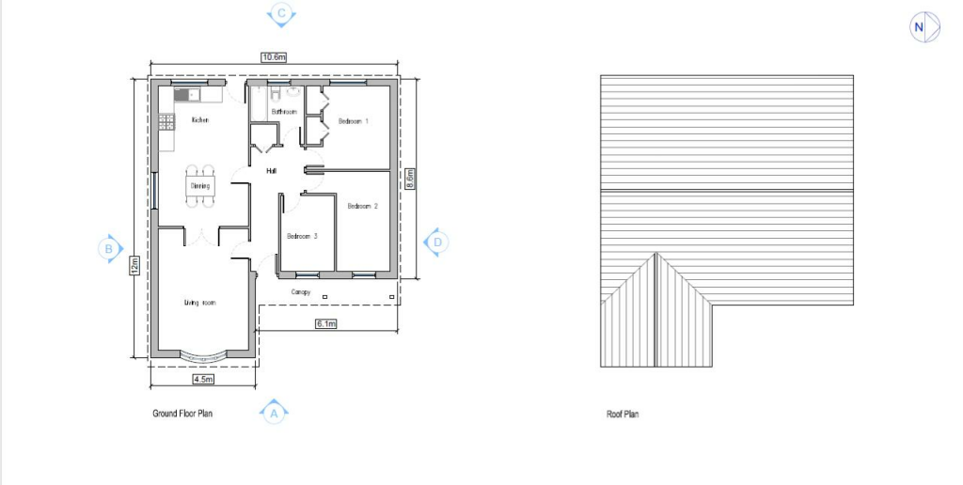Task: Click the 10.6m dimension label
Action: [x=274, y=57]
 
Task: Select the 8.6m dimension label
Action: [x=410, y=179]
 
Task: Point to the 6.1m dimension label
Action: [x=325, y=323]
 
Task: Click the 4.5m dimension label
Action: [x=203, y=379]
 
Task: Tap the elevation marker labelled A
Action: [x=274, y=412]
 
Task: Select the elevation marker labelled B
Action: [x=109, y=249]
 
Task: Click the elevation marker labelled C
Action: [x=281, y=14]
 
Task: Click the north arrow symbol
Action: [x=919, y=27]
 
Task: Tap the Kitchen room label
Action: [x=199, y=120]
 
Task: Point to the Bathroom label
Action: [x=284, y=112]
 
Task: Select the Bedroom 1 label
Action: [x=354, y=121]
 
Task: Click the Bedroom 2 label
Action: [x=362, y=206]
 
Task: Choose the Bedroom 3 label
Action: [x=302, y=236]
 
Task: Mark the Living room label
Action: [x=200, y=303]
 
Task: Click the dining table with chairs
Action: [x=200, y=186]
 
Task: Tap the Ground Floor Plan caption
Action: [x=182, y=413]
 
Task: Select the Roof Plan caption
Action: [x=623, y=414]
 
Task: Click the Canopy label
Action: [x=301, y=292]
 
